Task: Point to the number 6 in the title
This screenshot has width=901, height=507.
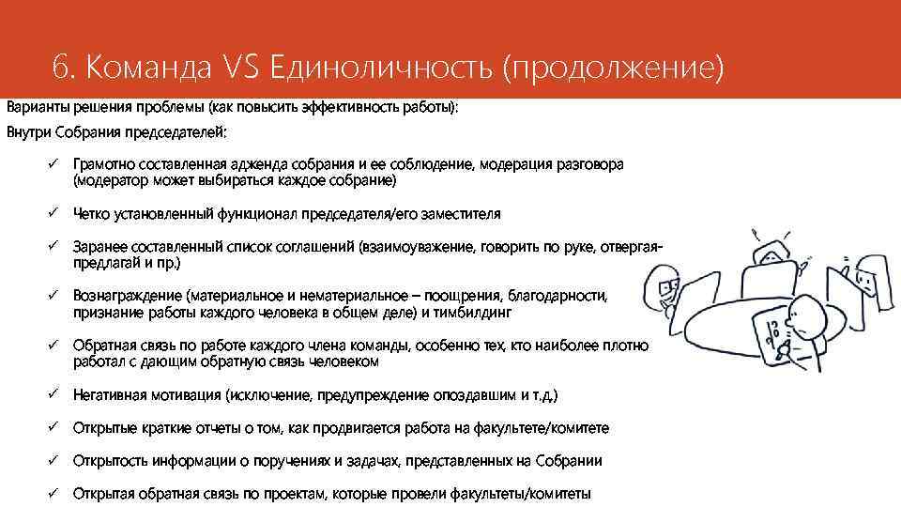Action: [x=62, y=67]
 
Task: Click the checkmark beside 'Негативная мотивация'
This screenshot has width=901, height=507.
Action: [x=55, y=394]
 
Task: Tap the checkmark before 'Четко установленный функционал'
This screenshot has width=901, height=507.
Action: [x=55, y=213]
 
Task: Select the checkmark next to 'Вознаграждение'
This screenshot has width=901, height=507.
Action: [x=55, y=295]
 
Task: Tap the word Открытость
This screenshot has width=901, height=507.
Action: [x=111, y=461]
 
